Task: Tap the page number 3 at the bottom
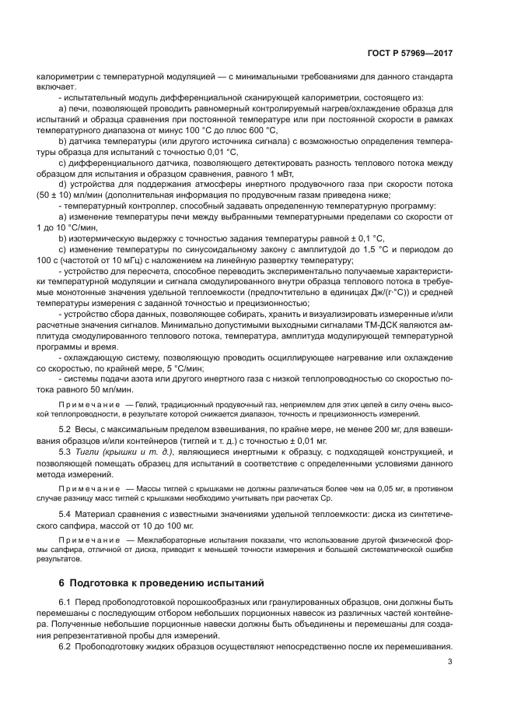click(x=450, y=662)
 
